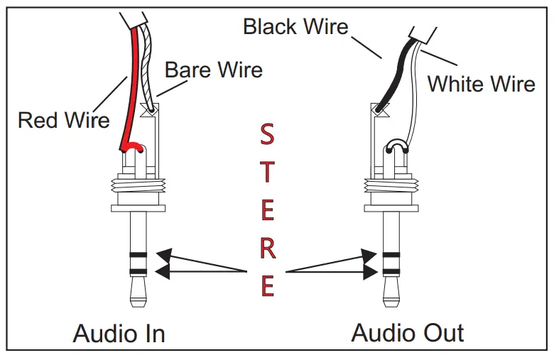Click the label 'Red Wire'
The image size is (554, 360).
64,119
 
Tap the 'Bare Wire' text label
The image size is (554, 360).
213,70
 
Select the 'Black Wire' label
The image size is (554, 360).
295,27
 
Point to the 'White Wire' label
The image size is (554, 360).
481,84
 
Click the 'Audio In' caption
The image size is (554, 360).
119,333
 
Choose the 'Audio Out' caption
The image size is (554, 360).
408,333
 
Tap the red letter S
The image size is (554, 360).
266,133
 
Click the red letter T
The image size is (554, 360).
266,172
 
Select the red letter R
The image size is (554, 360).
267,249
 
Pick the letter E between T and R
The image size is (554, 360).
267,210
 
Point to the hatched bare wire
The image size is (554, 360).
148,71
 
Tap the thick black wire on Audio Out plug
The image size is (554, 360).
392,78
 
